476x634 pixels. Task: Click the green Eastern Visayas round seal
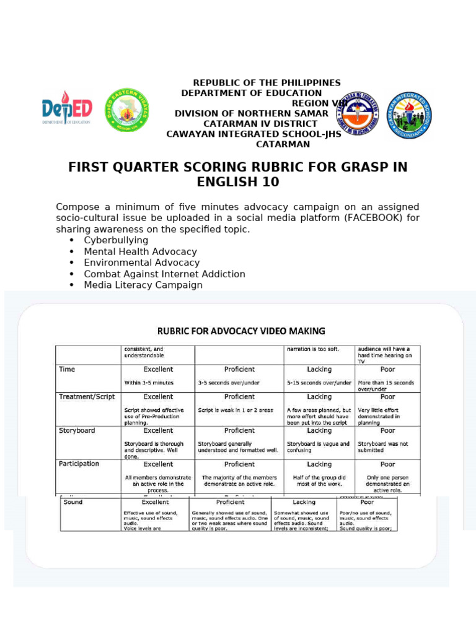coord(126,110)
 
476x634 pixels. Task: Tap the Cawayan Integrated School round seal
coord(410,115)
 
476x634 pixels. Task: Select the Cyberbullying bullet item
coord(116,240)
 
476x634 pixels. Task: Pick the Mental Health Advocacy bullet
coord(140,252)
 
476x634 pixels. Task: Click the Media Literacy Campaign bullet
coord(143,285)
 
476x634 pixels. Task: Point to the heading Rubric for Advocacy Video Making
coord(241,331)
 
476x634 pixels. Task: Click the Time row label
coord(67,370)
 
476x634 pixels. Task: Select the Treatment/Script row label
coord(87,397)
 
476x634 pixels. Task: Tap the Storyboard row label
coord(77,430)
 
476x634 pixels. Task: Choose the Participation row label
coord(79,464)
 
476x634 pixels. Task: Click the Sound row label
coord(73,502)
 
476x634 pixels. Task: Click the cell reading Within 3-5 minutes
coord(149,383)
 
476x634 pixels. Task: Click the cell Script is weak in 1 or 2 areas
coord(236,410)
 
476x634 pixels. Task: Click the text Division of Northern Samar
coord(251,114)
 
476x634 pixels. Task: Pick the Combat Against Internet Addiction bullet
coord(164,274)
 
